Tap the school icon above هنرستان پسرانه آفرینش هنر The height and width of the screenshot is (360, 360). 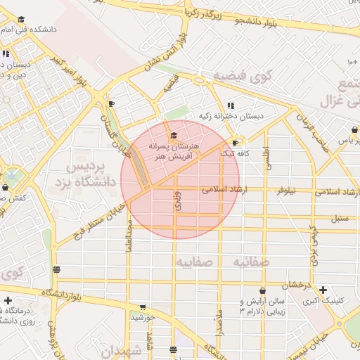point(173,136)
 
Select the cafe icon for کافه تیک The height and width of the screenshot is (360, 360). point(235,143)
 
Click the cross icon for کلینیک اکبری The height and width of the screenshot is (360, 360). point(323,290)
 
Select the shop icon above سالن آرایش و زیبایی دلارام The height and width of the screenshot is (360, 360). point(262,290)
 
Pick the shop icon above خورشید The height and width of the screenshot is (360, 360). point(143,307)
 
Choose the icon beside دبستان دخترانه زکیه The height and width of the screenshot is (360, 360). point(231,106)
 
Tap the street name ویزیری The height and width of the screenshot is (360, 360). point(178,201)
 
